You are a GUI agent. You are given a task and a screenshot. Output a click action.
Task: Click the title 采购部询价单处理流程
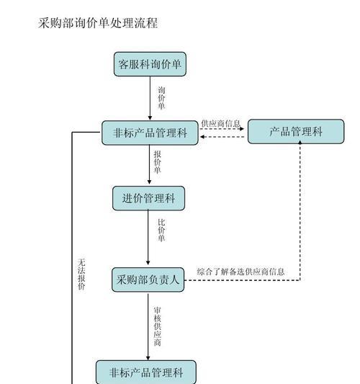98,23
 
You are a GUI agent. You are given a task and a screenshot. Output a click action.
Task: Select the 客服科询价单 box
150,64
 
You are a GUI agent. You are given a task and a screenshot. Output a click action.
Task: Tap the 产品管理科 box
296,132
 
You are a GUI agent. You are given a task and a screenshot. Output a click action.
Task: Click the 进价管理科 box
148,198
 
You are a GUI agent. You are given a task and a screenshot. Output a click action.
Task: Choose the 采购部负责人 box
148,280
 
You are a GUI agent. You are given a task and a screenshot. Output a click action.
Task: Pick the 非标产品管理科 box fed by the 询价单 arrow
150,133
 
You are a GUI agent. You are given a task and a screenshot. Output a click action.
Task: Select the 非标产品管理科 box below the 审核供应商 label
146,372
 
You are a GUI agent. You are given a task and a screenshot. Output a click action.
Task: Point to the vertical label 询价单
161,98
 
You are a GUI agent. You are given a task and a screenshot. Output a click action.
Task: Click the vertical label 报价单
158,162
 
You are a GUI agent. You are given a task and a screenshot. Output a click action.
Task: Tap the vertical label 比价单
161,231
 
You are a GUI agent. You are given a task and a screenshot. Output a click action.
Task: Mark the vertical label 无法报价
81,274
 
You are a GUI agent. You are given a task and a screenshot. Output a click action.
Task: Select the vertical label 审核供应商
158,326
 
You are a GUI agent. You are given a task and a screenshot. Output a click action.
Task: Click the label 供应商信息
221,123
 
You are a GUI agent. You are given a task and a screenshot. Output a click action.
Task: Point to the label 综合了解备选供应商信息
240,272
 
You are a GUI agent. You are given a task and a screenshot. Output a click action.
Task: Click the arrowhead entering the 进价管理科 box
149,182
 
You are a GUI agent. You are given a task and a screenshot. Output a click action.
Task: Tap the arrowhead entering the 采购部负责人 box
148,263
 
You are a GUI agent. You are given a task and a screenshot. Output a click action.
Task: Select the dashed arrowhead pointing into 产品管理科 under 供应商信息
242,128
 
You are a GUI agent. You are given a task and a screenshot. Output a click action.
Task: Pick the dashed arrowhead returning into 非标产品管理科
202,137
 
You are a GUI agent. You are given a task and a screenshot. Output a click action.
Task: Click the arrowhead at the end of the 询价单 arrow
150,118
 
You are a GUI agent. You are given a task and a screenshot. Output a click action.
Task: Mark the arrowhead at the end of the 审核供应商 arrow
148,358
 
